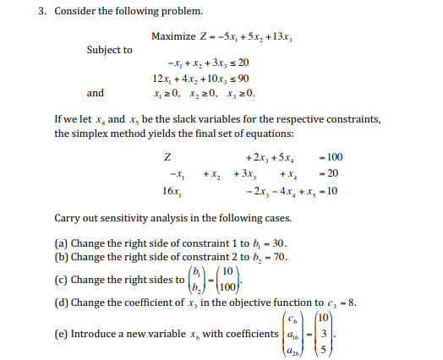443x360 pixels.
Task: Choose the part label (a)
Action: tap(62, 243)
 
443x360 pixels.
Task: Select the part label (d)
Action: tap(62, 302)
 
